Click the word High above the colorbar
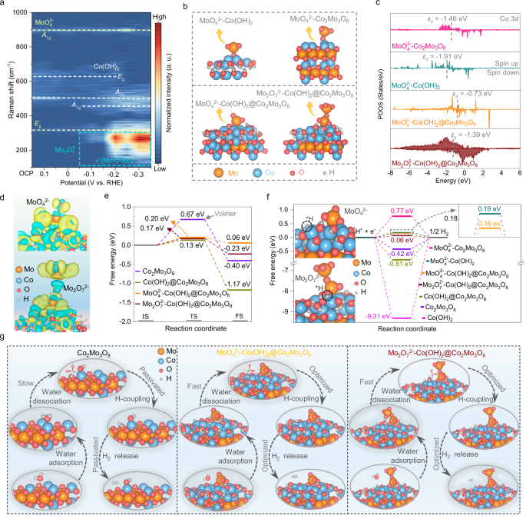(x=158, y=15)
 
